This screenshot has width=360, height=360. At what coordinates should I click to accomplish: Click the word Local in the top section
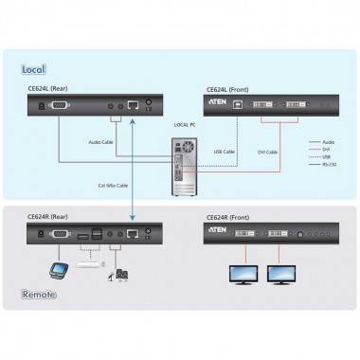pos(34,69)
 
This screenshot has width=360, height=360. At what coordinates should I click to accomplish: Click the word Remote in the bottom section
pos(41,295)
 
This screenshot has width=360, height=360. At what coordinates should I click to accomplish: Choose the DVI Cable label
pos(268,151)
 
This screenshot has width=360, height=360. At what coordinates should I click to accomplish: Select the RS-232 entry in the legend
pos(329,166)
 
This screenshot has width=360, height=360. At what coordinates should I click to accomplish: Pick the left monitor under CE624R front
pos(238,276)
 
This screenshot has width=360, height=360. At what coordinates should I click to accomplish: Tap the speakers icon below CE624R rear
pos(121,276)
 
